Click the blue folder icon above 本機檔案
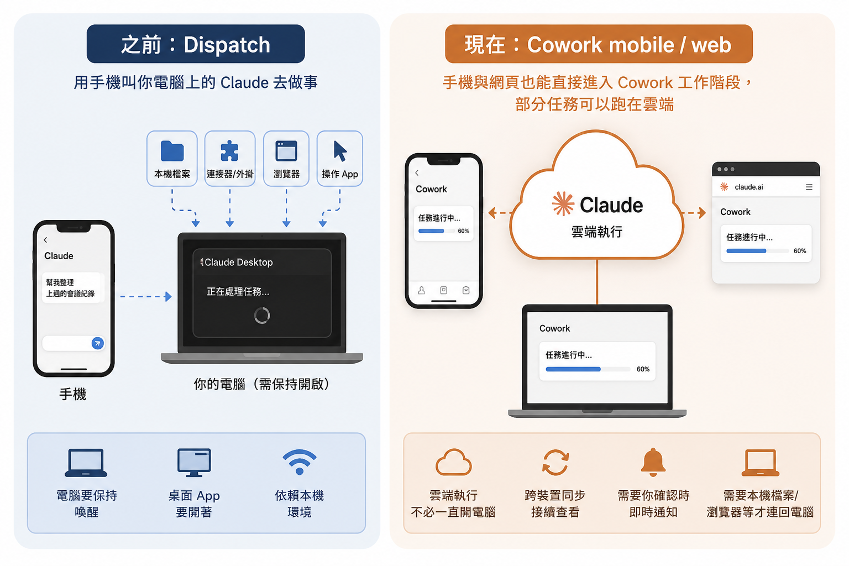[172, 150]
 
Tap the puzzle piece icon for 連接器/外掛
[229, 150]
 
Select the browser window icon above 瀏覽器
[286, 150]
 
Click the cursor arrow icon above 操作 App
[339, 151]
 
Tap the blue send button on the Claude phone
[98, 343]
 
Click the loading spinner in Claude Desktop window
[262, 315]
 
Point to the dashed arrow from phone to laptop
[146, 296]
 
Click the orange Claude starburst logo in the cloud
[563, 203]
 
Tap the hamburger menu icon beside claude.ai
[809, 187]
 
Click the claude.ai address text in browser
[748, 187]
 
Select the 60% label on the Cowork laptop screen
[643, 369]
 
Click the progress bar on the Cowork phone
[436, 231]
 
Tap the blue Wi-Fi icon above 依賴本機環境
[300, 462]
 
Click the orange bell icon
[653, 462]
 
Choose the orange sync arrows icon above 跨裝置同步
[555, 462]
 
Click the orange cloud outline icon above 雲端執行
[453, 462]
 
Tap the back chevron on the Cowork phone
[417, 173]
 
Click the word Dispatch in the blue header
[227, 45]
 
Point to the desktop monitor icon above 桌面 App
[194, 463]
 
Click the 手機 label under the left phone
[73, 394]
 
